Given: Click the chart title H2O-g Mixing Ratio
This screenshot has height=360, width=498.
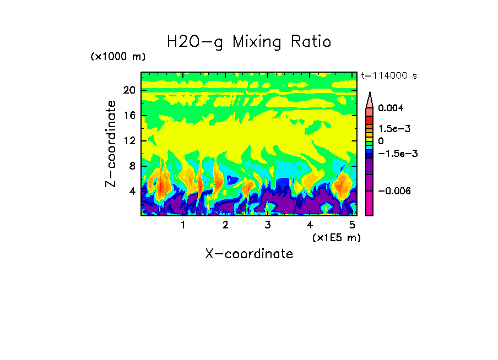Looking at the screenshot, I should point(249,42).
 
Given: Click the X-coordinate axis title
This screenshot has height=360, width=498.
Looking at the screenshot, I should point(249,254).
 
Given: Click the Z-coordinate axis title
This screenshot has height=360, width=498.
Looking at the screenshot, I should point(111,144).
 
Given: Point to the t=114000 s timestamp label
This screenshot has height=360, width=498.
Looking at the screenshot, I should point(388,75).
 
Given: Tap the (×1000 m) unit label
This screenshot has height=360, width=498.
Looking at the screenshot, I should point(118,57).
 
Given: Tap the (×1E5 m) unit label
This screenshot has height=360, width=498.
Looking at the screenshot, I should point(336,237).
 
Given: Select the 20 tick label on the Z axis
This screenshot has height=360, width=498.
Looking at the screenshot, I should point(129,91).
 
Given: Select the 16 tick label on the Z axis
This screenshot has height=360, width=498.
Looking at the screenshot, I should point(129,116).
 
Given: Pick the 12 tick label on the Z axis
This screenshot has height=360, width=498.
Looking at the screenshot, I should point(129,141).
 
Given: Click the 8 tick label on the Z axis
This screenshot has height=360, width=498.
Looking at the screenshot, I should point(132,166).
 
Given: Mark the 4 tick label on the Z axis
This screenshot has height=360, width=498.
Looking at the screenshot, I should point(132,192).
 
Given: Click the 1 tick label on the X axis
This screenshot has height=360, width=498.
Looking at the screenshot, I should point(183,225).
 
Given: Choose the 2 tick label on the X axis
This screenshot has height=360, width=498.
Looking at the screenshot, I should point(225,225).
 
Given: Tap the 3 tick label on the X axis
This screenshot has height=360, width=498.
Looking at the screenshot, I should point(268,225).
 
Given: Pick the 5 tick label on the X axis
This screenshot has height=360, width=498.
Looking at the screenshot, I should point(352,225).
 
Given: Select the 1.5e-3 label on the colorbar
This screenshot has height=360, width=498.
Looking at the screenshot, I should point(394,128).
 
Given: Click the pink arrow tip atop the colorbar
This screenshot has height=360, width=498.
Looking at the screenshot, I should point(370,99).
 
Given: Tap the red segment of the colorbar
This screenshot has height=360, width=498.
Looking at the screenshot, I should point(370,120).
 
